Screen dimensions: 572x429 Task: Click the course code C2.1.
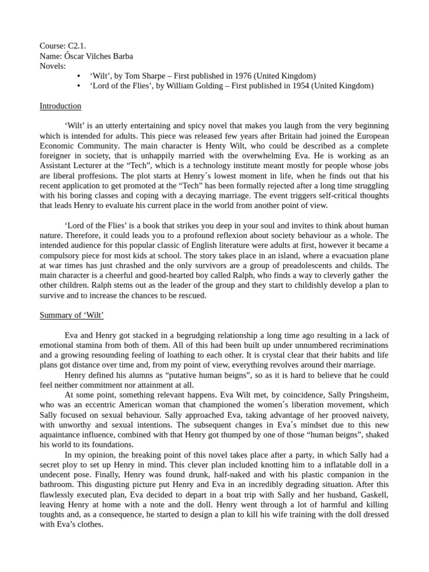[x=77, y=46]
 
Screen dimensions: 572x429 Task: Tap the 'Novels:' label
[x=53, y=66]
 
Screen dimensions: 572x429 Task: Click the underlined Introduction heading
[x=60, y=106]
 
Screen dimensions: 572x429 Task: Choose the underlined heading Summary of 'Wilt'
[x=71, y=315]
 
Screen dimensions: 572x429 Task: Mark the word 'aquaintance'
[x=64, y=435]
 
